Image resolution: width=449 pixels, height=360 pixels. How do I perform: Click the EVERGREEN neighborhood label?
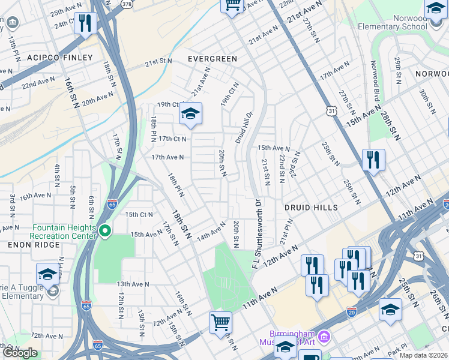tap(212, 59)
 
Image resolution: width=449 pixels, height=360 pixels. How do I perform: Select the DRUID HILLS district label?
tap(307, 208)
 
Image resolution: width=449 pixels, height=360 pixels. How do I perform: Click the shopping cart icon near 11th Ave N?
tap(220, 322)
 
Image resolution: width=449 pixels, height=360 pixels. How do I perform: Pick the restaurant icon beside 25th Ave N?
tap(85, 23)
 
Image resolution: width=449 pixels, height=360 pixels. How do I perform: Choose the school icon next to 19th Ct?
tap(190, 113)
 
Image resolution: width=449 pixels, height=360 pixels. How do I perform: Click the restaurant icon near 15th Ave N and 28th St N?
tap(373, 160)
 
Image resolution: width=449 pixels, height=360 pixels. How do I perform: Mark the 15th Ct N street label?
tap(139, 214)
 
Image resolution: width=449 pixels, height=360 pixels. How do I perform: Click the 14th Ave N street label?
tap(211, 232)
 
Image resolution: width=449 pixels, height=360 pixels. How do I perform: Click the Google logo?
tap(20, 353)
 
